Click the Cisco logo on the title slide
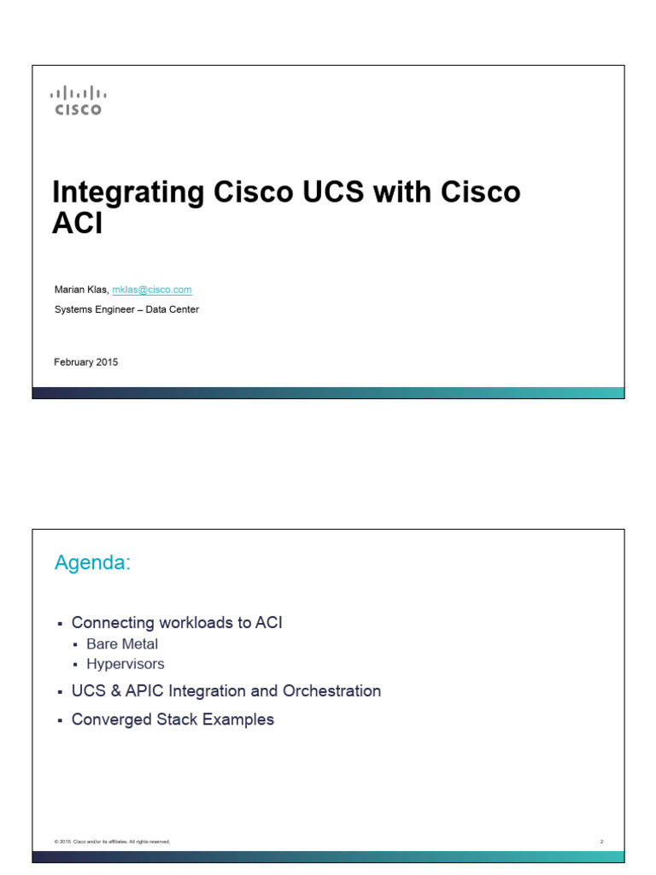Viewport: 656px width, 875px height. click(78, 100)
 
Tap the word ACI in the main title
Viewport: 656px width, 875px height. click(78, 223)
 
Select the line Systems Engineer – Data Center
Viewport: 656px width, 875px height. click(126, 309)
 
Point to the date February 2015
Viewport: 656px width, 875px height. click(86, 362)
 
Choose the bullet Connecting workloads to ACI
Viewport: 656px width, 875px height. click(177, 623)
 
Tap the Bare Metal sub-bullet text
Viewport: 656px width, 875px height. click(122, 644)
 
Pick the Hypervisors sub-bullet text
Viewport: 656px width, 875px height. click(126, 664)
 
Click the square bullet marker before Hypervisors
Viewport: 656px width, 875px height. click(76, 665)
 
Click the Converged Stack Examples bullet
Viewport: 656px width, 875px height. click(173, 719)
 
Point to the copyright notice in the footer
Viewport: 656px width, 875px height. click(112, 842)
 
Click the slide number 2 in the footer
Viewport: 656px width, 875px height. click(601, 842)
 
